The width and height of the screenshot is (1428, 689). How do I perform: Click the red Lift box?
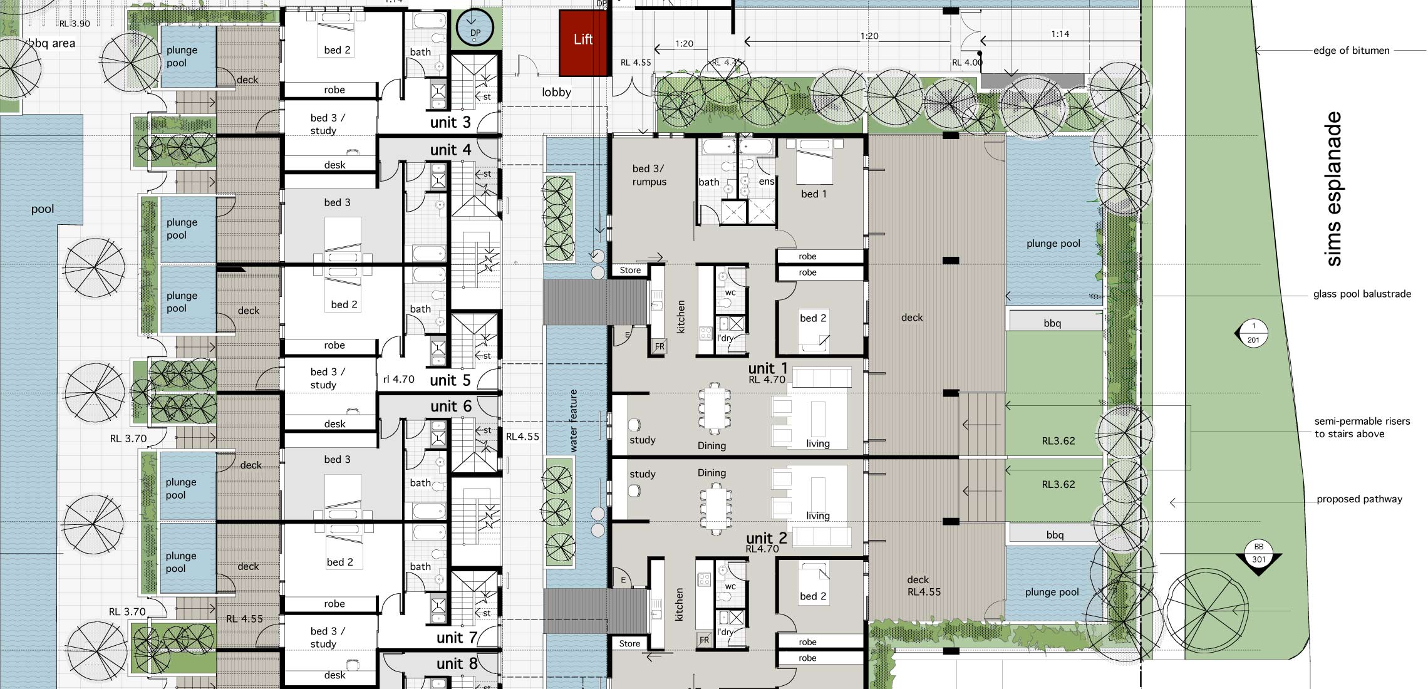pyautogui.click(x=584, y=43)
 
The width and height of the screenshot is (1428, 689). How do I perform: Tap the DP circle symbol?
pyautogui.click(x=475, y=28)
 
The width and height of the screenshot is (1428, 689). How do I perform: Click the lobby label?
pyautogui.click(x=556, y=93)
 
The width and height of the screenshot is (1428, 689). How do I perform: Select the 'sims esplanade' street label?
pyautogui.click(x=1333, y=189)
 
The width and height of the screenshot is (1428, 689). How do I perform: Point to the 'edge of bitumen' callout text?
pyautogui.click(x=1351, y=51)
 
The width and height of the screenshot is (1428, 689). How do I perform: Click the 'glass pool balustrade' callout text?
pyautogui.click(x=1362, y=294)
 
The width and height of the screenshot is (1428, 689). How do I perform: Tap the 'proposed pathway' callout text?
pyautogui.click(x=1359, y=499)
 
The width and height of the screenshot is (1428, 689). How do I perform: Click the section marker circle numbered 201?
pyautogui.click(x=1253, y=333)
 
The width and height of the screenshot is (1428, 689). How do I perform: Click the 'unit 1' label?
pyautogui.click(x=767, y=368)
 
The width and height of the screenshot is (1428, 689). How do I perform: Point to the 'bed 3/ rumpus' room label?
pyautogui.click(x=649, y=175)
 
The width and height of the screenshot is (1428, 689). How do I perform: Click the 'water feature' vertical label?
pyautogui.click(x=574, y=421)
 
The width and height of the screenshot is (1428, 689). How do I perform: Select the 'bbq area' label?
pyautogui.click(x=52, y=43)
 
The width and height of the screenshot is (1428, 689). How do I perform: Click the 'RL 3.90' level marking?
pyautogui.click(x=75, y=24)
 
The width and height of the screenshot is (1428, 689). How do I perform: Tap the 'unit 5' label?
pyautogui.click(x=450, y=380)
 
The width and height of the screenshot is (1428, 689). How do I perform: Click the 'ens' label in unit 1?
pyautogui.click(x=767, y=182)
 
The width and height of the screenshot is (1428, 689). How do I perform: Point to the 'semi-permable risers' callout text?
pyautogui.click(x=1362, y=422)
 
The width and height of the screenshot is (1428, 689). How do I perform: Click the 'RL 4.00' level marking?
pyautogui.click(x=967, y=63)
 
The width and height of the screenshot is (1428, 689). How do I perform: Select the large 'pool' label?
pyautogui.click(x=43, y=209)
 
